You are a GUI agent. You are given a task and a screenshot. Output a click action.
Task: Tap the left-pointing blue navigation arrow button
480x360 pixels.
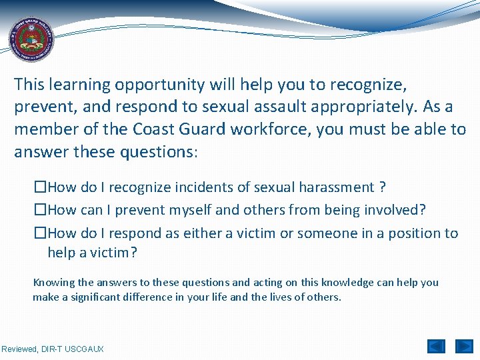436,347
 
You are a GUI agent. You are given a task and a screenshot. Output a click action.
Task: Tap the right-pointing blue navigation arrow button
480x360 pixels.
463,347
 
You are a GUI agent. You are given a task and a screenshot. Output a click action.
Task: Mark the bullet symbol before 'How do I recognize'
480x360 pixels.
41,187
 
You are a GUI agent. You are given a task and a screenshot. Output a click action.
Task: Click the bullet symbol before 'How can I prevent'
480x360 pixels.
41,210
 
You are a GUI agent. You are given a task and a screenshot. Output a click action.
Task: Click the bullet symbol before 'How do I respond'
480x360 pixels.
41,233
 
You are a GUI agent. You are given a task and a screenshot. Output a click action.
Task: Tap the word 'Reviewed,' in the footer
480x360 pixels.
21,349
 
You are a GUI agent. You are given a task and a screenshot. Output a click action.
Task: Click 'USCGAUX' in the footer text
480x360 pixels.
85,349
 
